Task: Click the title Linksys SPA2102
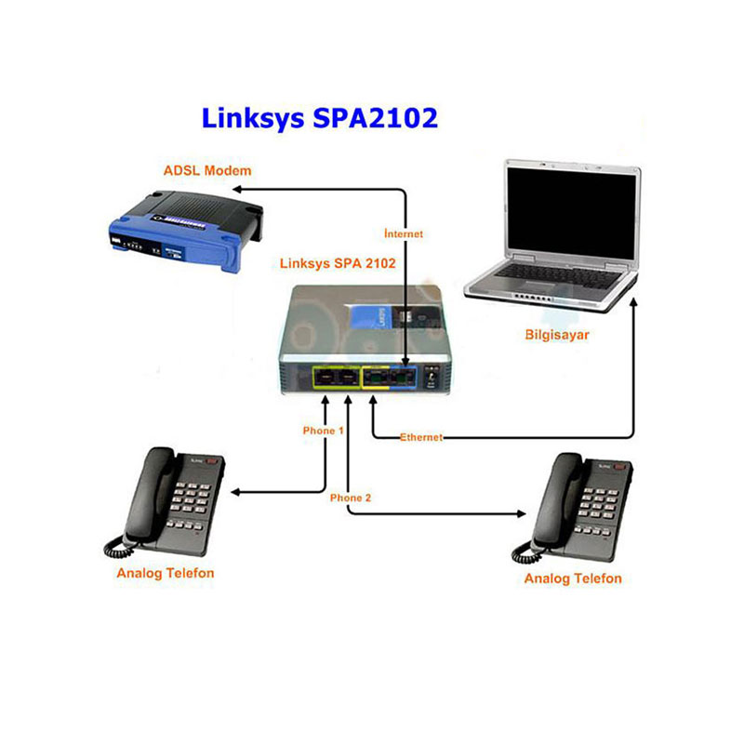[320, 118]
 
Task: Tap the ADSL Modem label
[207, 171]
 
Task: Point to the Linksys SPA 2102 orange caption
[338, 263]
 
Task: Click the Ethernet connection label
[420, 436]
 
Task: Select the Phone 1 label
[324, 431]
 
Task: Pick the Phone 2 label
[351, 498]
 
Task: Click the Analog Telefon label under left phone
[166, 573]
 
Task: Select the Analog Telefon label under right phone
[573, 578]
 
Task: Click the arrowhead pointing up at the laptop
[634, 303]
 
